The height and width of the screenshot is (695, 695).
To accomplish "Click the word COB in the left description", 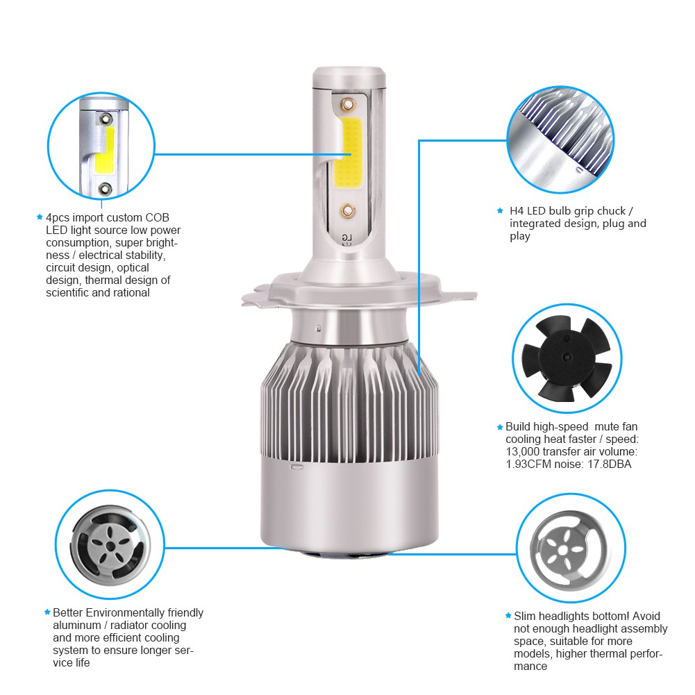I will click(x=156, y=218).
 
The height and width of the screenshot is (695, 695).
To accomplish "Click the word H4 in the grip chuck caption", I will click(x=517, y=210).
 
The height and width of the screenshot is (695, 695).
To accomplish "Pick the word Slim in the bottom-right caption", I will click(x=525, y=616).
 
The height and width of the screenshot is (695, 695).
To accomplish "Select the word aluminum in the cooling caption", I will click(x=77, y=625).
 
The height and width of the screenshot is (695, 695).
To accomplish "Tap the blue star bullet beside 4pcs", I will click(x=40, y=217).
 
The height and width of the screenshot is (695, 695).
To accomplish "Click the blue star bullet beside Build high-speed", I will click(x=500, y=427).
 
